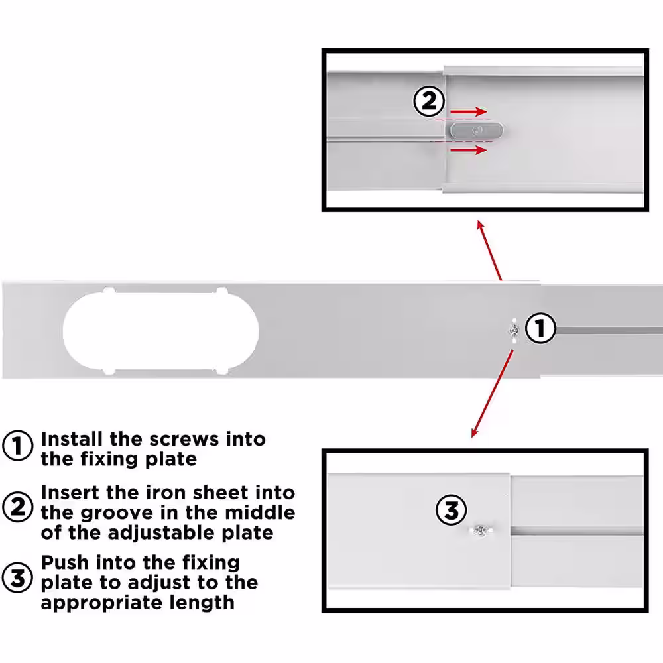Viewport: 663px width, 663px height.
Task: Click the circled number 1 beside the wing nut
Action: pyautogui.click(x=540, y=328)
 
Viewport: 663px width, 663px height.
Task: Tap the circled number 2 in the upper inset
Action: pyautogui.click(x=429, y=101)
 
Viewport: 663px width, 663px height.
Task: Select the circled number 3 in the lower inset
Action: pyautogui.click(x=451, y=510)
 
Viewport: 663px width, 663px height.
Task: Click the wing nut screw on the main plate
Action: pyautogui.click(x=514, y=330)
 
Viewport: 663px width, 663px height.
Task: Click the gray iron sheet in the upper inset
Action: pyautogui.click(x=477, y=130)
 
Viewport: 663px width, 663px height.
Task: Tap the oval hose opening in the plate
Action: pyautogui.click(x=160, y=332)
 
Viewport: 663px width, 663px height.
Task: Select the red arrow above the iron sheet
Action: pyautogui.click(x=469, y=111)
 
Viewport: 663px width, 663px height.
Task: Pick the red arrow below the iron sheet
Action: pyautogui.click(x=469, y=150)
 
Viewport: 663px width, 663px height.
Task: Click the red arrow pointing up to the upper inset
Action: pyautogui.click(x=489, y=250)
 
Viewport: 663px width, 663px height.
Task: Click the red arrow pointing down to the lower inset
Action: pyautogui.click(x=492, y=394)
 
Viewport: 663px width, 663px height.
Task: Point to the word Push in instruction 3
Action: pyautogui.click(x=65, y=563)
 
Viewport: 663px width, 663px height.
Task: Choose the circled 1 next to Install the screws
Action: pyautogui.click(x=17, y=446)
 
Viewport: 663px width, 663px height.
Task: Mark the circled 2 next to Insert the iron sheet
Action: pyautogui.click(x=17, y=507)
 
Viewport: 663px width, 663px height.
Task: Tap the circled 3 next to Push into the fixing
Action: pyautogui.click(x=17, y=577)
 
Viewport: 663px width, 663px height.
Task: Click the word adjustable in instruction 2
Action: pyautogui.click(x=162, y=533)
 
